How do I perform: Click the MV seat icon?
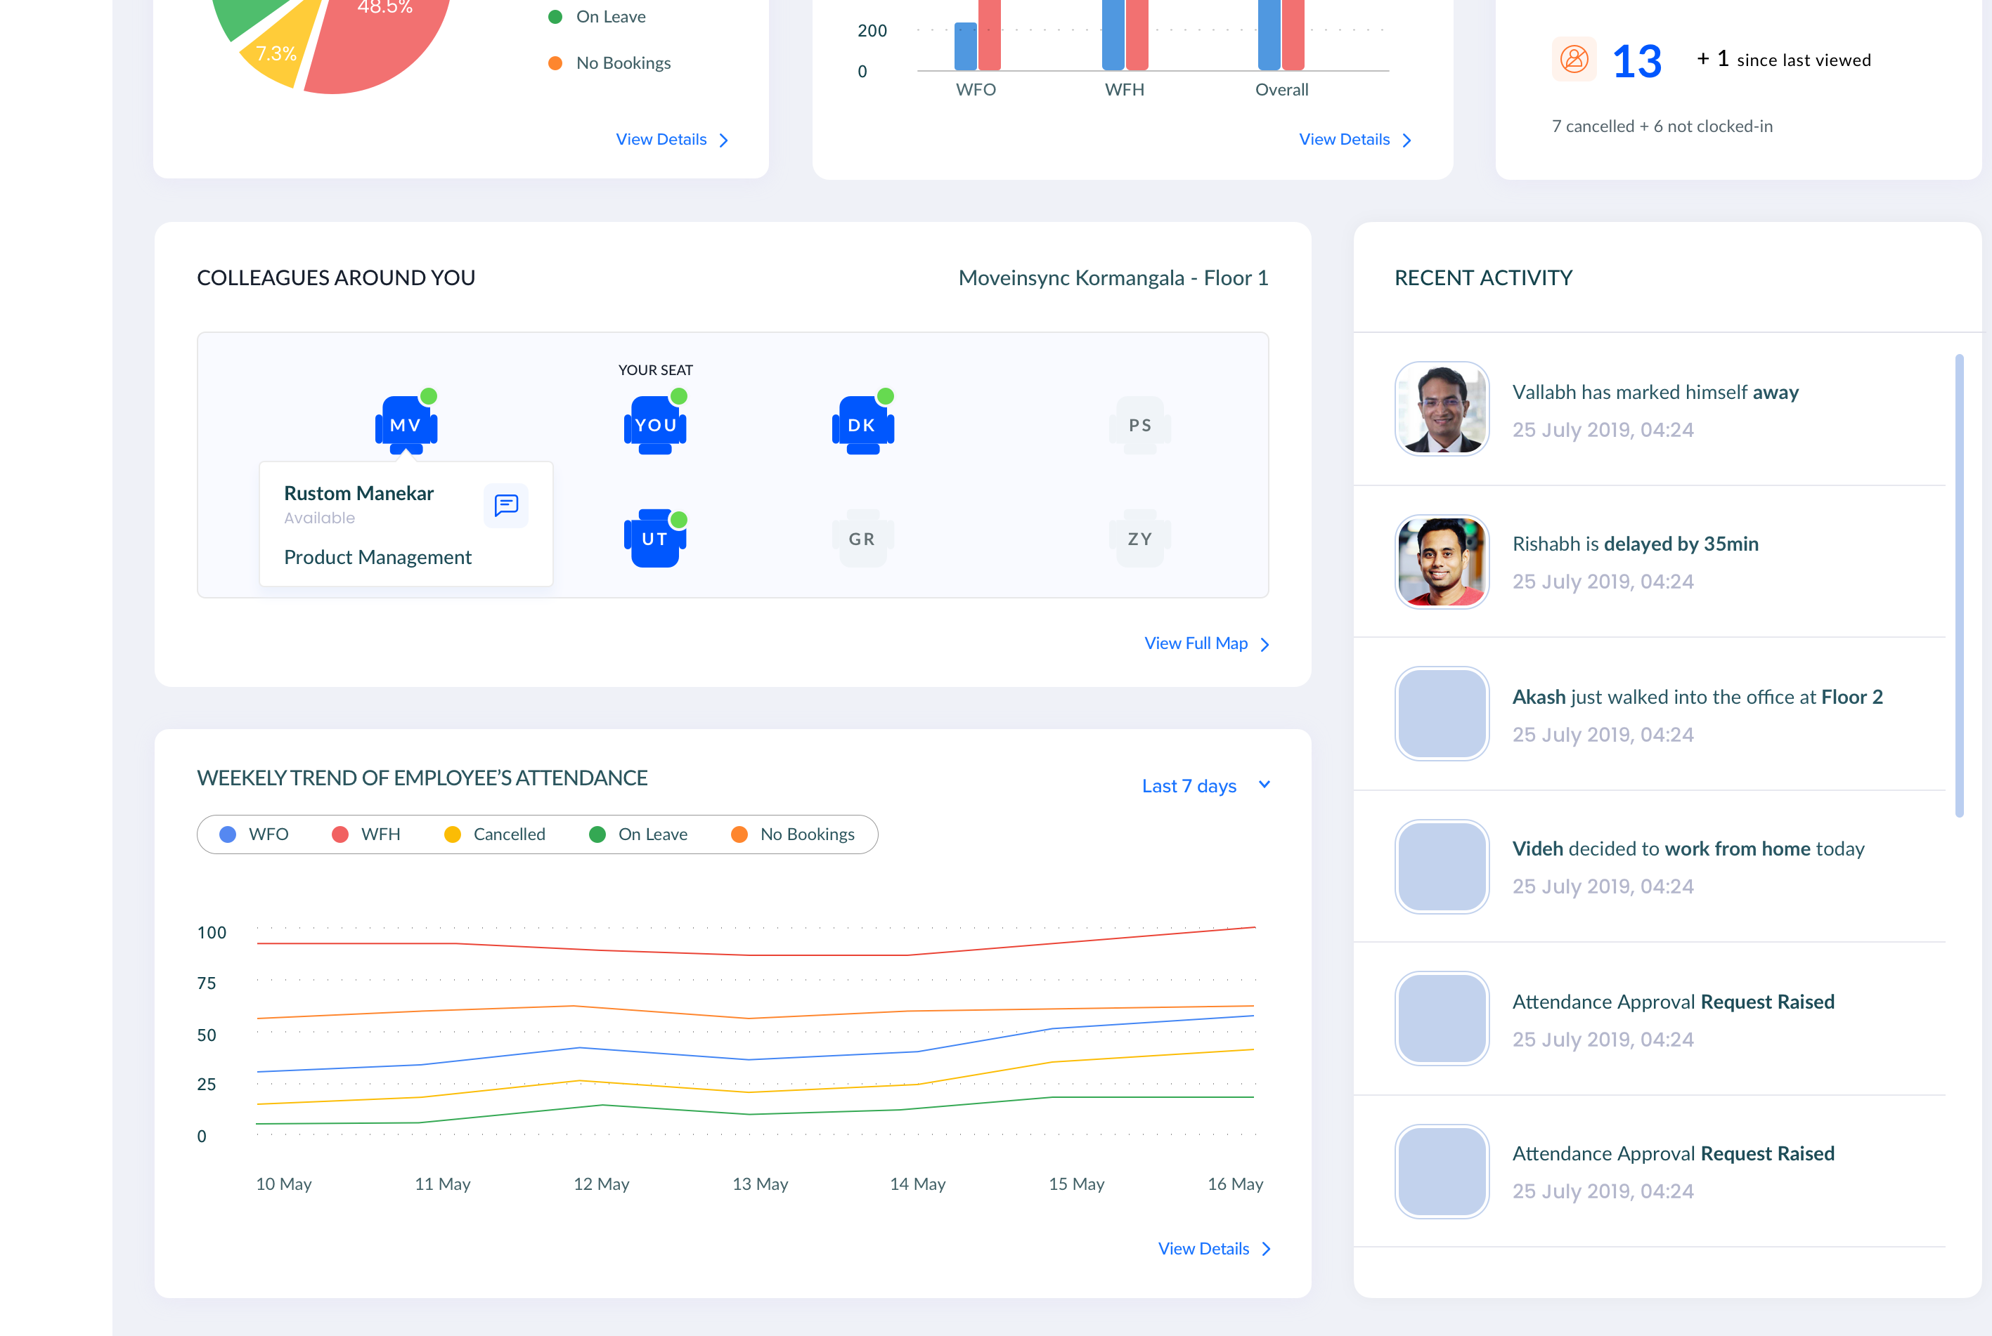coord(406,424)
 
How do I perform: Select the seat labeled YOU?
coord(654,424)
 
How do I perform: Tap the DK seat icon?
coord(862,424)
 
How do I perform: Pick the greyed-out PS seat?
coord(1139,424)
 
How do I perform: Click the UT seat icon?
coord(654,539)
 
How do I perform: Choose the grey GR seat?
coord(862,539)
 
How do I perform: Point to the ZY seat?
coord(1139,539)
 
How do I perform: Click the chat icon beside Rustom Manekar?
coord(506,505)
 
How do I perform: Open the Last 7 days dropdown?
coord(1204,785)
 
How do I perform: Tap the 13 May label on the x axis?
coord(759,1184)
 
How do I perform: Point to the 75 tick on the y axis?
coord(206,983)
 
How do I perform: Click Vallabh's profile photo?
coord(1442,409)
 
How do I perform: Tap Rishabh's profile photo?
coord(1442,561)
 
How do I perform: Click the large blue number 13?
coord(1636,61)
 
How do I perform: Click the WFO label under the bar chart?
coord(975,89)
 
